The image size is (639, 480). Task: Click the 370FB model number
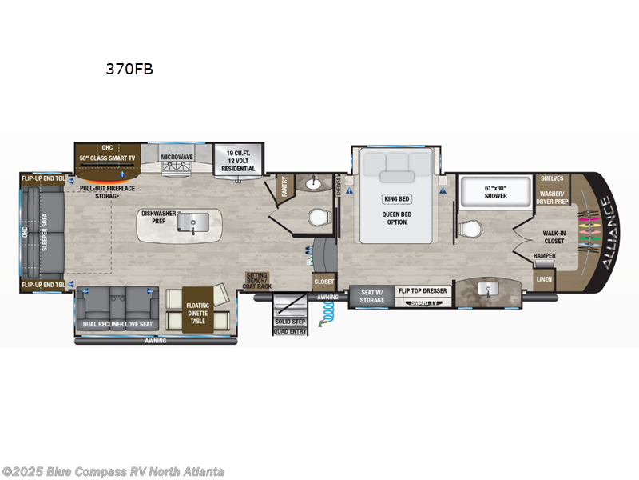tap(129, 69)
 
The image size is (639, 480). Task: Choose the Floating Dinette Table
tap(197, 310)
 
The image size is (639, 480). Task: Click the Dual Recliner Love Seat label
tap(118, 324)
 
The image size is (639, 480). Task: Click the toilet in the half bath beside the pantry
tap(319, 218)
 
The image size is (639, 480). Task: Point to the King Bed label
tap(397, 198)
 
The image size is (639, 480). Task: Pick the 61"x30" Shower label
tap(495, 191)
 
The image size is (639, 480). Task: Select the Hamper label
tap(545, 256)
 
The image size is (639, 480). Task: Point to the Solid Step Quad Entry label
tap(290, 326)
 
